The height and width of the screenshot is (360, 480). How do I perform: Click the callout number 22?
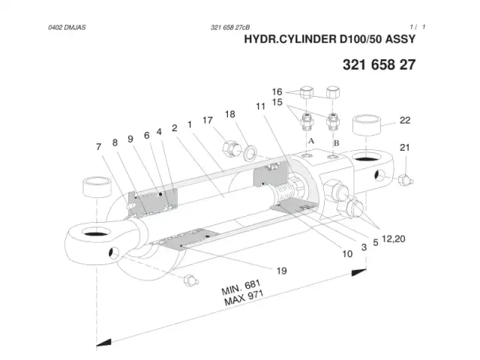(x=405, y=120)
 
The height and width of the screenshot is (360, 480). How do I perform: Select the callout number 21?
(x=404, y=148)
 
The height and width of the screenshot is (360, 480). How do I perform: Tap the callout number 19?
(x=281, y=271)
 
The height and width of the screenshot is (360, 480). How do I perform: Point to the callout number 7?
(x=98, y=147)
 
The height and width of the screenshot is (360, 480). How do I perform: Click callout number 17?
(x=208, y=120)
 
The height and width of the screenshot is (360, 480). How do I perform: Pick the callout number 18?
(x=230, y=114)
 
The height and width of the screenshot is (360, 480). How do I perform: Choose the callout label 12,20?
(x=393, y=238)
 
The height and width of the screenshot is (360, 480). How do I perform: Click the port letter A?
(x=311, y=141)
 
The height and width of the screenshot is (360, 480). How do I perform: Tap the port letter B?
(x=336, y=142)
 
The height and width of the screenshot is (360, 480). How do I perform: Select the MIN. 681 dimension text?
(x=241, y=287)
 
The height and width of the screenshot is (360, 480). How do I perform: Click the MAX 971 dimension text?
(x=244, y=298)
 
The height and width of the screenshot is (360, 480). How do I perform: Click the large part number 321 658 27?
(x=379, y=64)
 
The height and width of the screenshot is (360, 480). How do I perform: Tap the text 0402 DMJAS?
(x=67, y=27)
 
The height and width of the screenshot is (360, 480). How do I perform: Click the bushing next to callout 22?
(x=367, y=124)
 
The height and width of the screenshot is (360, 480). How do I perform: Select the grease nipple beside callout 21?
(x=406, y=180)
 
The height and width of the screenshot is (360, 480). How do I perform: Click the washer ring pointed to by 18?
(x=250, y=152)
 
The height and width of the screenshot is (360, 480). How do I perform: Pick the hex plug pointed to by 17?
(x=230, y=148)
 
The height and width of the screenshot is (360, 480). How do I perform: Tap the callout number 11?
(x=260, y=106)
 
